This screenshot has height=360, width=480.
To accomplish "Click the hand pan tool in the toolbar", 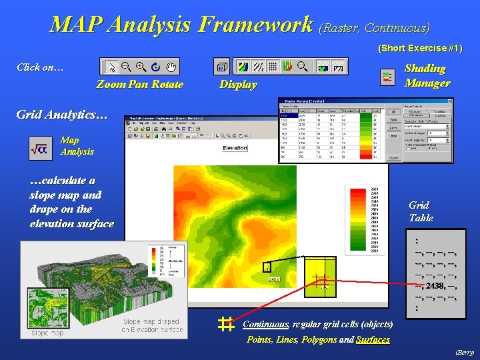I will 171,67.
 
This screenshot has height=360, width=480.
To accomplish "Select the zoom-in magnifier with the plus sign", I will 141,67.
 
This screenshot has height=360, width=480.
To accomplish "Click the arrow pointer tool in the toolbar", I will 111,67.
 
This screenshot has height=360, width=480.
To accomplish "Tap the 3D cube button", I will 222,67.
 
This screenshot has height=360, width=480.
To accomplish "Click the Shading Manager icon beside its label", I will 387,77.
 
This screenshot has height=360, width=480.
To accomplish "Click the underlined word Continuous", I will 265,325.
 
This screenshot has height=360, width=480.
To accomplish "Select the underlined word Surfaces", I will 373,339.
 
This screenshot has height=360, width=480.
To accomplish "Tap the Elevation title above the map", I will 235,148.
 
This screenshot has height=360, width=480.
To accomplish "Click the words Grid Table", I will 421,211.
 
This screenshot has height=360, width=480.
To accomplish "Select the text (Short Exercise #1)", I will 420,48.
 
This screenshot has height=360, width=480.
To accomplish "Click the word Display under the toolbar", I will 238,85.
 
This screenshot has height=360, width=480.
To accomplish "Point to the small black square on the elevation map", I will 267,267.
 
